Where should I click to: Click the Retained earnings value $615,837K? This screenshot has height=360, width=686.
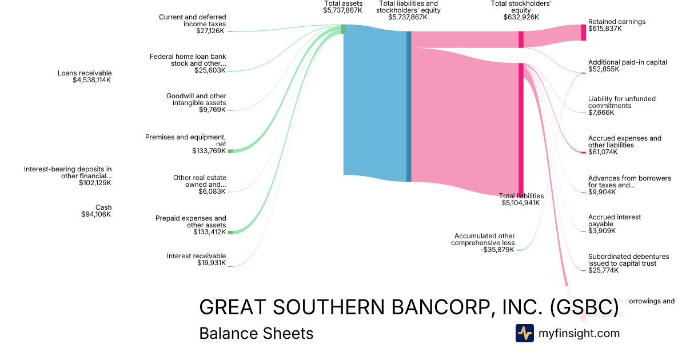pyautogui.click(x=605, y=29)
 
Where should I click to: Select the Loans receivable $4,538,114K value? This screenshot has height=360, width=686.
pyautogui.click(x=88, y=81)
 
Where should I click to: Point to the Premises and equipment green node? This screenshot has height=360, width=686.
pyautogui.click(x=230, y=151)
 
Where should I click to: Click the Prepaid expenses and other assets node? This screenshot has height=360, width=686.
pyautogui.click(x=230, y=233)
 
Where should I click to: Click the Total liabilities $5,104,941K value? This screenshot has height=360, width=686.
pyautogui.click(x=520, y=203)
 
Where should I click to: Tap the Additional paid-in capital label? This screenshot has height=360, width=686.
pyautogui.click(x=627, y=62)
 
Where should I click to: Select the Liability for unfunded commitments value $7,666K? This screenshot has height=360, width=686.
pyautogui.click(x=601, y=113)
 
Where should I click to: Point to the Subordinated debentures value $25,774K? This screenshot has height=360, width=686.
pyautogui.click(x=603, y=270)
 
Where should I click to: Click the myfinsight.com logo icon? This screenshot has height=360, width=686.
pyautogui.click(x=524, y=333)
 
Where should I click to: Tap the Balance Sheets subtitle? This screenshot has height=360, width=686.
pyautogui.click(x=256, y=334)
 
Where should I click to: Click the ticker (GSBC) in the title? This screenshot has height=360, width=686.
pyautogui.click(x=584, y=307)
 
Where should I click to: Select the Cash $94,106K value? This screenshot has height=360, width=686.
pyautogui.click(x=96, y=214)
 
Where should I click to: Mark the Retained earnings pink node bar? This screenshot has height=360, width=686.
pyautogui.click(x=583, y=32)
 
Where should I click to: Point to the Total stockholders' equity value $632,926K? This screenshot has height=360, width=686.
pyautogui.click(x=521, y=17)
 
